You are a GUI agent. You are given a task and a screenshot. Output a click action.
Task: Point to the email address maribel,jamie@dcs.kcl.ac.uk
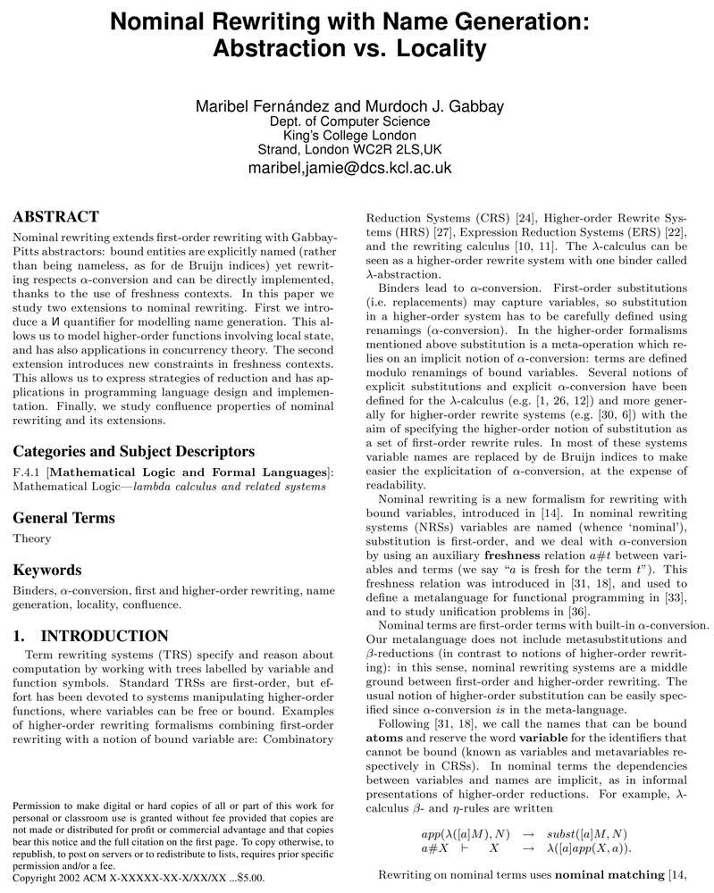coord(349,167)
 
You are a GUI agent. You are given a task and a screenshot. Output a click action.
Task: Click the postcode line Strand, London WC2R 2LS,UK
coord(349,149)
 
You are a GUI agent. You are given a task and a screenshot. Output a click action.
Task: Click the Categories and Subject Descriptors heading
coord(134,451)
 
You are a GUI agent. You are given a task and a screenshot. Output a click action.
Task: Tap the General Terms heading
coord(63,517)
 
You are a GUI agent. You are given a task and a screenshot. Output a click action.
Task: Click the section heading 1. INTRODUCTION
coord(91,636)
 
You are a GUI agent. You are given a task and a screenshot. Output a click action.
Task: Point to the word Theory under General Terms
coord(31,539)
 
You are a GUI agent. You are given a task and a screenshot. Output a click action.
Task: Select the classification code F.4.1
coord(28,472)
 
